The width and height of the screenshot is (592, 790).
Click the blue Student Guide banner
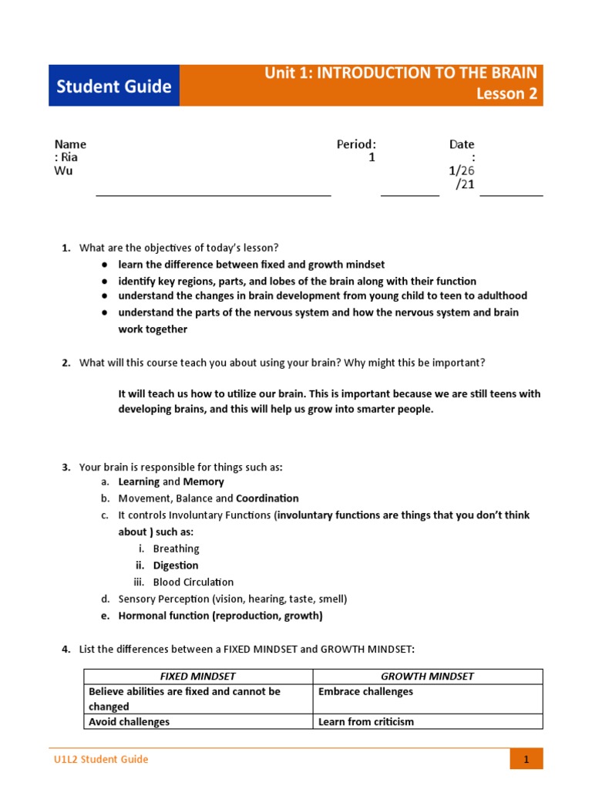click(x=114, y=86)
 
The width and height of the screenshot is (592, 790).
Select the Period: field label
click(x=356, y=144)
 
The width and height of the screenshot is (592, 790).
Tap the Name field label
click(x=70, y=144)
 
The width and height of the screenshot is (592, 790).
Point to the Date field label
click(x=462, y=144)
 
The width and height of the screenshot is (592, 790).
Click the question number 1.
click(x=66, y=248)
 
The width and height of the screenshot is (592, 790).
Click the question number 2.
click(x=66, y=363)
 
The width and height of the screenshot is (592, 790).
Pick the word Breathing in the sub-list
click(x=176, y=549)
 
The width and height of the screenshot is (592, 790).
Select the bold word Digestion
click(x=176, y=565)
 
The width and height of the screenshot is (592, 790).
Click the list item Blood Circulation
click(x=193, y=582)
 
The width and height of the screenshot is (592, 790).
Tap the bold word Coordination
click(x=267, y=498)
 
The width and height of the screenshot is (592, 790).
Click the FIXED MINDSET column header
click(x=198, y=677)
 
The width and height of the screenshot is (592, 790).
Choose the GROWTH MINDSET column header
click(x=428, y=677)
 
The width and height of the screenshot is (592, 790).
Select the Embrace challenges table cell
click(x=365, y=692)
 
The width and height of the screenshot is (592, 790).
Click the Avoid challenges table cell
click(x=129, y=722)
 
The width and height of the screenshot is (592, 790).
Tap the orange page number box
click(x=526, y=759)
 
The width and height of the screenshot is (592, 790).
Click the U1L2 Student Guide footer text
click(x=96, y=759)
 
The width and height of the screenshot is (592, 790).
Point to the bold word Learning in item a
click(x=139, y=481)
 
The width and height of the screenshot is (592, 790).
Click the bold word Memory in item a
click(x=203, y=481)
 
